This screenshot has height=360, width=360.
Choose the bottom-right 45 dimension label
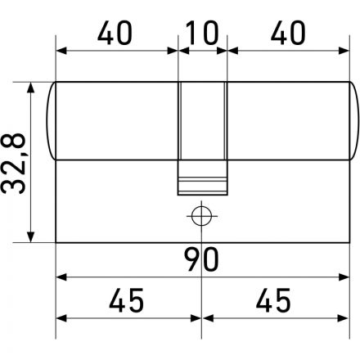tap(275, 300)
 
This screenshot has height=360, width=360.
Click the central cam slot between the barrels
tap(201, 123)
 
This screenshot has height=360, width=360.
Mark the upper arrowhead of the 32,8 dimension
tap(32, 86)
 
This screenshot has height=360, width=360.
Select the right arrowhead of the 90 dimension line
tap(343, 277)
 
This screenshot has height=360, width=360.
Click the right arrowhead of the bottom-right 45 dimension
tap(343, 318)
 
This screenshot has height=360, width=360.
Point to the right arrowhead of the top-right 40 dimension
tap(343, 51)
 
